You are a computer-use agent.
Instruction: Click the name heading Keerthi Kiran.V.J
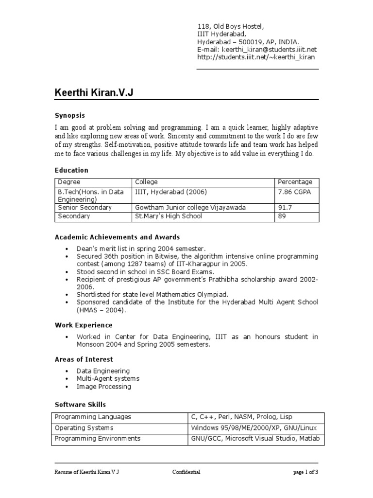[x=93, y=92]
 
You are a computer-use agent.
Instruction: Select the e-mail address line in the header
[x=256, y=49]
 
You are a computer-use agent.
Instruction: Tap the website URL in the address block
[x=255, y=57]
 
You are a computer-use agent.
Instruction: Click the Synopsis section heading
[x=69, y=115]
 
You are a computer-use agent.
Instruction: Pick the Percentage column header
[x=295, y=182]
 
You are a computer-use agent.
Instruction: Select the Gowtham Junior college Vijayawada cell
[x=190, y=208]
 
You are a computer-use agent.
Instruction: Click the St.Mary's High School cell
[x=168, y=216]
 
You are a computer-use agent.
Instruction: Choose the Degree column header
[x=68, y=182]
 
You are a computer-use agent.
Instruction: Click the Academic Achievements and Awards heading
[x=117, y=237]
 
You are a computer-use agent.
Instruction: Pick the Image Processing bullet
[x=104, y=387]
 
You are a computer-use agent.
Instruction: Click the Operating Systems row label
[x=84, y=428]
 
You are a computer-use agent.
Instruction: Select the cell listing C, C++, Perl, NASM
[x=242, y=417]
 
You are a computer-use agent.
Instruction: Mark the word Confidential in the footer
[x=186, y=472]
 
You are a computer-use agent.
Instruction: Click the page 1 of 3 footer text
[x=305, y=472]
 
